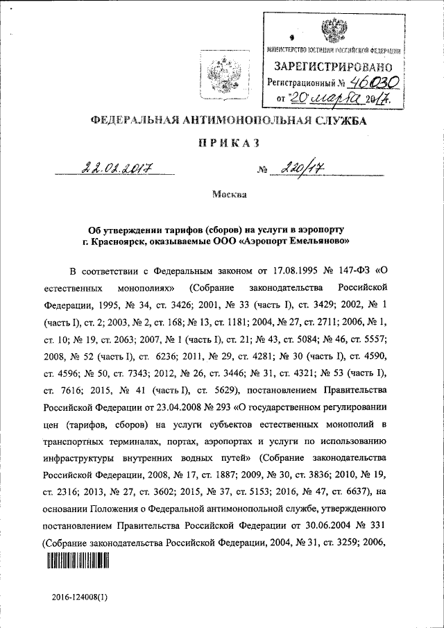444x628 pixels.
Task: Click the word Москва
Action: coord(230,194)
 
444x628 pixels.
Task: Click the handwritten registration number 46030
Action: coord(373,82)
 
